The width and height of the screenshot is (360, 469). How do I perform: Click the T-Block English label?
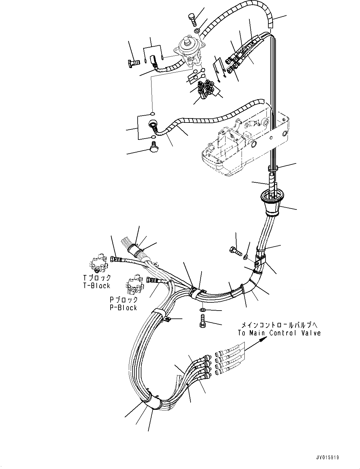96,286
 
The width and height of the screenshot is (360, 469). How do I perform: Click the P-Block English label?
123,308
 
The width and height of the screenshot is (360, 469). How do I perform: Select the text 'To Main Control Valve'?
279,333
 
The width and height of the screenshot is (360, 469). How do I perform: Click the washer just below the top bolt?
196,31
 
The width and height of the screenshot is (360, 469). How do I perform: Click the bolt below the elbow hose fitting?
154,146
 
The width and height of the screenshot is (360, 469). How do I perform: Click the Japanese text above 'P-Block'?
124,300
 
